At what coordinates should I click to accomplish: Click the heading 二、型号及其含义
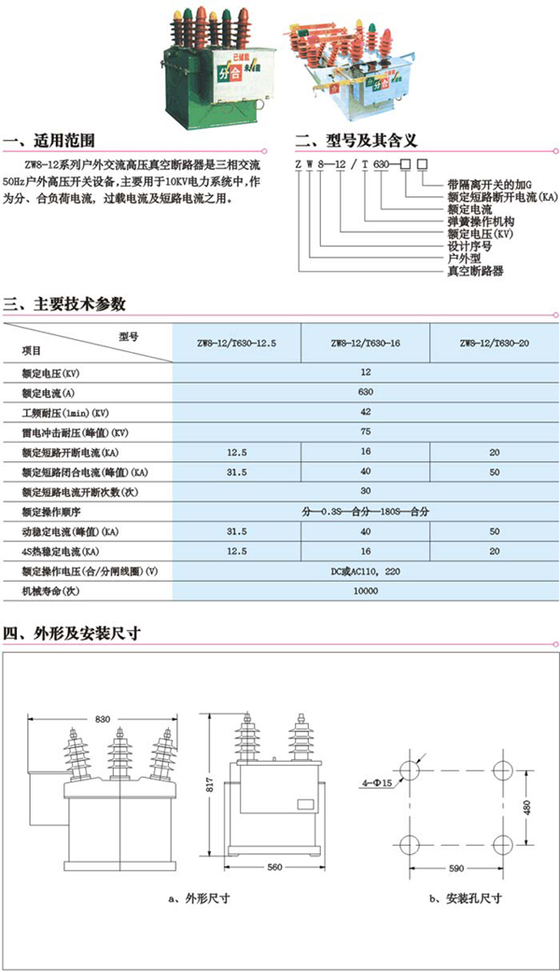355,142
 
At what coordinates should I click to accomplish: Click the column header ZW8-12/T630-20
494,344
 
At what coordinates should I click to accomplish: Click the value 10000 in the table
365,591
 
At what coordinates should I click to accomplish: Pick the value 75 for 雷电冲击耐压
365,432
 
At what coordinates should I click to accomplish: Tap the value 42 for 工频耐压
365,412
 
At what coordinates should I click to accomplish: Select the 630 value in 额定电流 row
365,392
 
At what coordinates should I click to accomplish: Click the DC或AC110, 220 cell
365,571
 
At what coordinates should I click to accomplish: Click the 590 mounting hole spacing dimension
457,868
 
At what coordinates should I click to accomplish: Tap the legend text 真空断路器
475,271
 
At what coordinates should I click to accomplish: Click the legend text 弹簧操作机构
482,221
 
